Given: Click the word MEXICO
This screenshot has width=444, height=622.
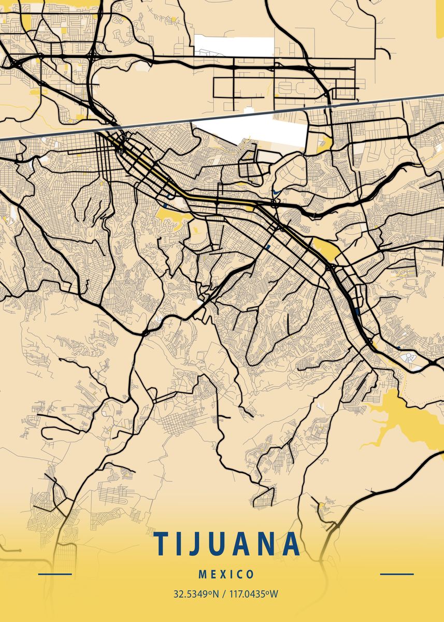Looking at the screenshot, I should pyautogui.click(x=226, y=574).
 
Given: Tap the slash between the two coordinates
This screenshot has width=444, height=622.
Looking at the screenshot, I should pyautogui.click(x=223, y=593).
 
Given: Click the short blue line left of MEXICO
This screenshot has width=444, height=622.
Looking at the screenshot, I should pyautogui.click(x=55, y=574).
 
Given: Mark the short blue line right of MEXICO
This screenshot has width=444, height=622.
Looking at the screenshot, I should pyautogui.click(x=397, y=574).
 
